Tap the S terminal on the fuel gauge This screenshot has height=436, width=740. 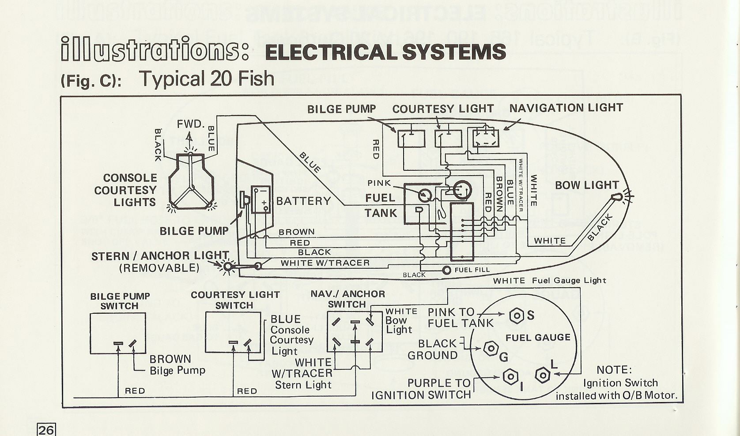click(x=517, y=316)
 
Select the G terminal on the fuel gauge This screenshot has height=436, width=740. click(x=490, y=349)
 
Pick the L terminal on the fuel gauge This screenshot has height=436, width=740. click(x=542, y=376)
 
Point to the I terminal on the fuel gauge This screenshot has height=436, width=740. click(x=510, y=377)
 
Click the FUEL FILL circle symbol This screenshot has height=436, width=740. click(x=447, y=270)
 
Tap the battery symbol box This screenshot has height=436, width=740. click(x=261, y=200)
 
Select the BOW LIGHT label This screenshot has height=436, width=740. click(x=587, y=185)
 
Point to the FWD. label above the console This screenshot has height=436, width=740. click(x=190, y=124)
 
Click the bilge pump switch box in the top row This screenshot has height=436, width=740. click(x=411, y=139)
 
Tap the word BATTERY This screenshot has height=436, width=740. click(x=303, y=202)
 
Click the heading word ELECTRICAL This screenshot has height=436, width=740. click(x=331, y=52)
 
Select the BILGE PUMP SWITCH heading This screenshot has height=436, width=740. click(x=120, y=301)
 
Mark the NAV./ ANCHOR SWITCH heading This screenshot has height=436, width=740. click(x=347, y=299)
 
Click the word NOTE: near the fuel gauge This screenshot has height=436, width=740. click(x=614, y=370)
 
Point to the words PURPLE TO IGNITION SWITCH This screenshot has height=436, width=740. click(x=422, y=389)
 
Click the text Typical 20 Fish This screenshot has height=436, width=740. click(x=207, y=79)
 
